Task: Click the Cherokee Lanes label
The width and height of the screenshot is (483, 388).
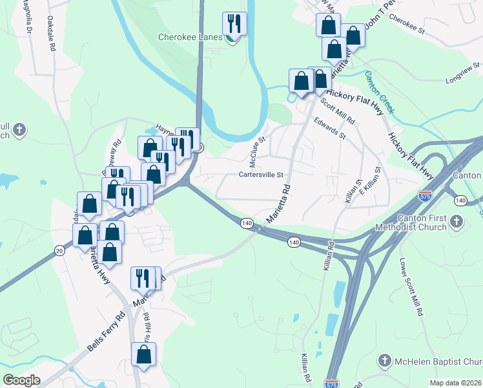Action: coord(190,37)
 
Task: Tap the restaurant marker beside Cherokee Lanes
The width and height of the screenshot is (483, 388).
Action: coord(234,25)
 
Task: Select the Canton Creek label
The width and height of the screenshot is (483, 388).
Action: coord(379,92)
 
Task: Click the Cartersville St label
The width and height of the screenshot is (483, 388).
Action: coord(262,175)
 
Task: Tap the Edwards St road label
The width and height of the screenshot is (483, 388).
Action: coord(330,128)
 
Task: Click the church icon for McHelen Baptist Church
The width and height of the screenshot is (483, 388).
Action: coord(385,360)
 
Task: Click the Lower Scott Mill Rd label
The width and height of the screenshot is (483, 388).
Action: coord(411,287)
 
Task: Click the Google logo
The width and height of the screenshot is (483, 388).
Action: coord(22,380)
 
